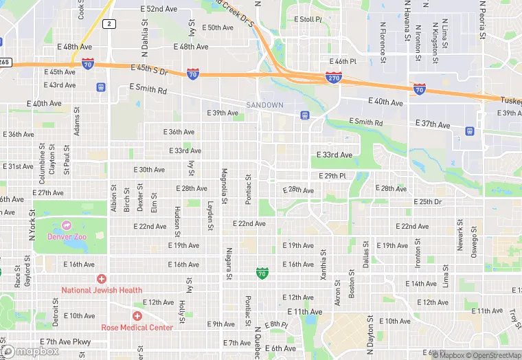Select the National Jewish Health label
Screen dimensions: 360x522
(x=102, y=290)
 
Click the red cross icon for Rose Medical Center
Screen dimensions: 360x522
(x=137, y=315)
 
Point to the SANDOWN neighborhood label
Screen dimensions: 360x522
(x=264, y=105)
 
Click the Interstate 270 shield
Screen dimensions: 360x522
(x=334, y=78)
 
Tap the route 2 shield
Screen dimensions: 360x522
(x=109, y=24)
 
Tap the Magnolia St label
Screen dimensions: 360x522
(x=224, y=186)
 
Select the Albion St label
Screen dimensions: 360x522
(x=113, y=198)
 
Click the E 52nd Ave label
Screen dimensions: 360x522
(x=159, y=9)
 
